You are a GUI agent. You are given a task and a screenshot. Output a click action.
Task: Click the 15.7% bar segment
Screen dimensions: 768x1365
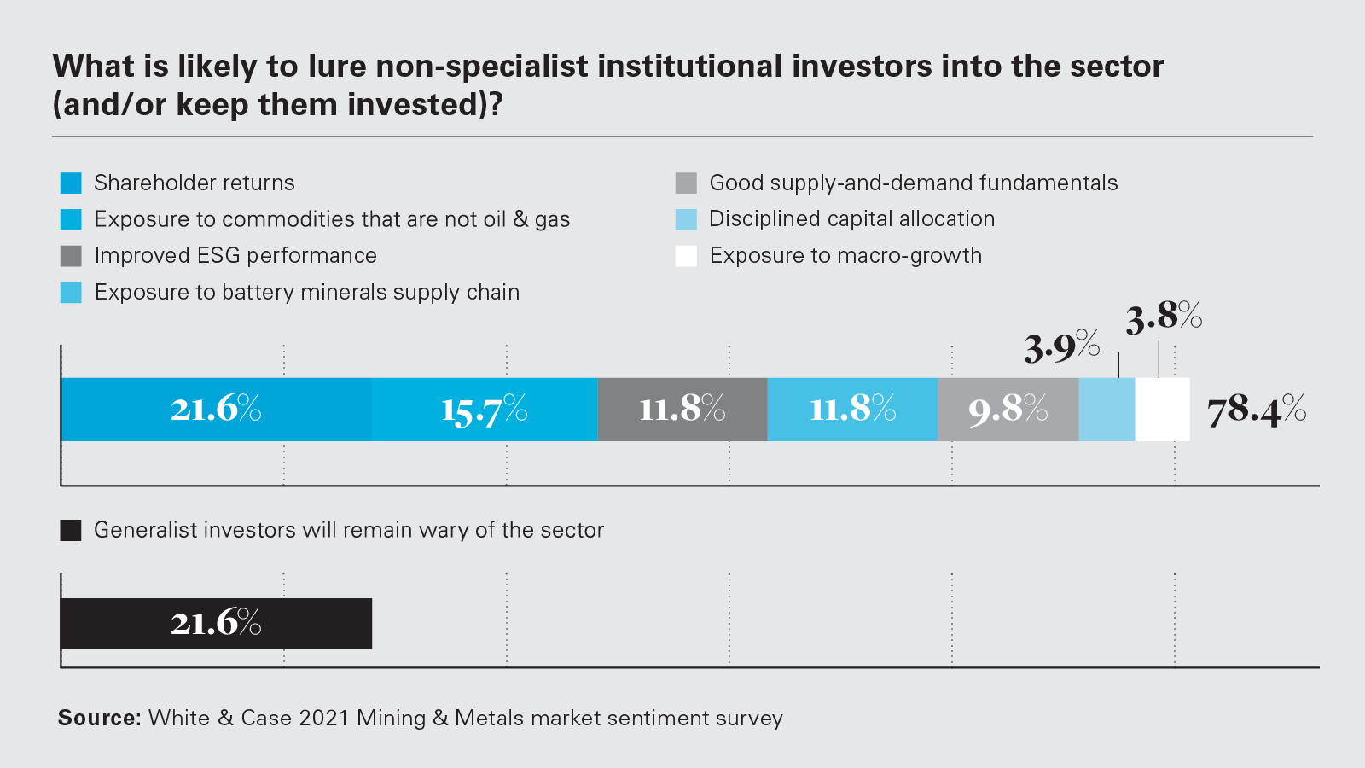485,410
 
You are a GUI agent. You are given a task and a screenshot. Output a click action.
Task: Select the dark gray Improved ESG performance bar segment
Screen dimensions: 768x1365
682,410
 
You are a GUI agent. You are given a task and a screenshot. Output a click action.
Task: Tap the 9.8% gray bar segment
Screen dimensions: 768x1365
1008,410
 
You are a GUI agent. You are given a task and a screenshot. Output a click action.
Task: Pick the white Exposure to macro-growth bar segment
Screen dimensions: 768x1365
1162,410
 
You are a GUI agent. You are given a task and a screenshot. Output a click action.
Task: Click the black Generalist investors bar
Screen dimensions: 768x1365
216,623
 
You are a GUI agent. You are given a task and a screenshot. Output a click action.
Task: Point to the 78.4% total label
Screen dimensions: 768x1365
1256,410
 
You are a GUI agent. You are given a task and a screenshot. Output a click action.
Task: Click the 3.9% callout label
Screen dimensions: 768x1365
1062,347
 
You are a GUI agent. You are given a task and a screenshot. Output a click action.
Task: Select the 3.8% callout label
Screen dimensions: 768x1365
1164,317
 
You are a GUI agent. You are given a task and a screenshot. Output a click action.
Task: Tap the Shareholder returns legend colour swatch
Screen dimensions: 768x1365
71,183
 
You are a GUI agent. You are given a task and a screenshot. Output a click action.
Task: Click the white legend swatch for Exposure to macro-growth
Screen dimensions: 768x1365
686,256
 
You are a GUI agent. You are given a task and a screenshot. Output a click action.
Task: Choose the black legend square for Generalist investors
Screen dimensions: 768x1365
71,530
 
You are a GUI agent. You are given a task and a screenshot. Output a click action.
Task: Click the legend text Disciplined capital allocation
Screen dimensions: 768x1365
851,219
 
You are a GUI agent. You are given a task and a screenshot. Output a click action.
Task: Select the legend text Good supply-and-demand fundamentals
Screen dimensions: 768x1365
913,183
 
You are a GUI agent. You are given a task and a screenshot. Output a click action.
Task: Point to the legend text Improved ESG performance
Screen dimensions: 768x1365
235,256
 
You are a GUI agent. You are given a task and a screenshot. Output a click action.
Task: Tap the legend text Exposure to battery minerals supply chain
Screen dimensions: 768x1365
307,292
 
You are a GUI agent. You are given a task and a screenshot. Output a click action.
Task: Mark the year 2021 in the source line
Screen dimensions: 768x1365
324,718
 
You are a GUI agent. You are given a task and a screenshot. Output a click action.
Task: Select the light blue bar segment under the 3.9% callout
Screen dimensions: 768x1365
1107,410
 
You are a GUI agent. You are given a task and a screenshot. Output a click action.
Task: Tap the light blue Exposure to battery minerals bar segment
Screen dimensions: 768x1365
852,410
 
